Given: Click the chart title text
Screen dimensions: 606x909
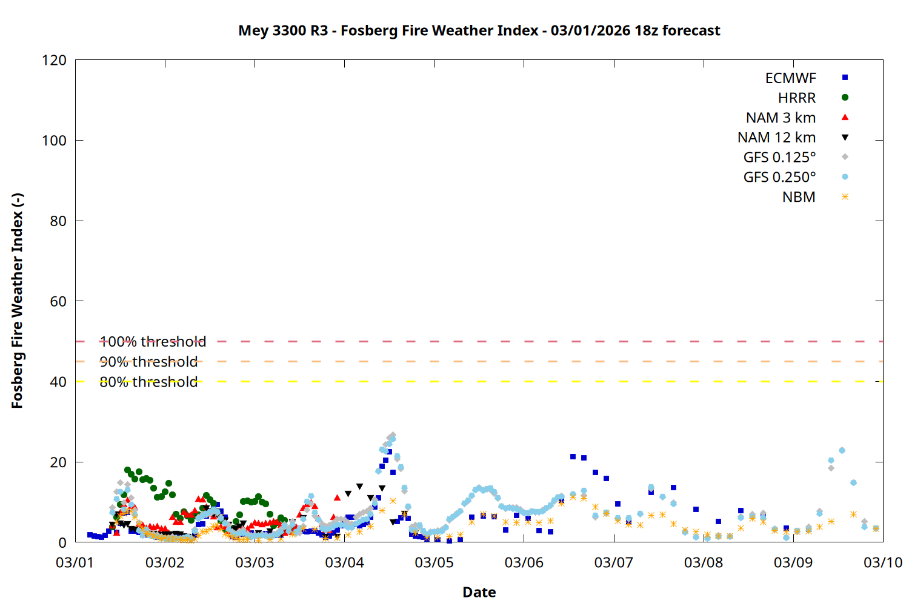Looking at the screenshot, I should click(479, 30).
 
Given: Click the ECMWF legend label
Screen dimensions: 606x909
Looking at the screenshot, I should click(790, 78).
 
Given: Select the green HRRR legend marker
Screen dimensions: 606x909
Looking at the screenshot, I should click(845, 98).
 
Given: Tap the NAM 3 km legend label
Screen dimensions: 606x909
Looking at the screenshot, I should click(781, 118).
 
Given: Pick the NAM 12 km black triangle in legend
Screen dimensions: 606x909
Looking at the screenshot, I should click(845, 138).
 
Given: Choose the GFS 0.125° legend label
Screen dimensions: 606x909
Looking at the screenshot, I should click(779, 158).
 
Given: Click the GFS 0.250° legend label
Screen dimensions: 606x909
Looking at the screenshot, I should click(779, 178).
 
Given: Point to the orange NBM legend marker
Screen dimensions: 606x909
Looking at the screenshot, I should click(845, 197).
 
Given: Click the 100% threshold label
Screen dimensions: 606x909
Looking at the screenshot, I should click(153, 342).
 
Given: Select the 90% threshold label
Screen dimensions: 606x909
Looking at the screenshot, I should click(148, 362).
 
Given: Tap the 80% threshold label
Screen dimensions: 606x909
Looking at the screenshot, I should click(148, 382).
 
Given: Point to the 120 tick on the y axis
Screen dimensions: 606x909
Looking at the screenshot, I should click(54, 60).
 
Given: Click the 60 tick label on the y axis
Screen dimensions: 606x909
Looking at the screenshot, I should click(58, 301).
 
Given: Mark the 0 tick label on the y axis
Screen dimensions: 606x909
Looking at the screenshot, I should click(62, 542).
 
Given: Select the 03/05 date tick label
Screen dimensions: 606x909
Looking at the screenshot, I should click(434, 562).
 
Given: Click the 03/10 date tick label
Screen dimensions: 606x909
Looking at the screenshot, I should click(882, 562).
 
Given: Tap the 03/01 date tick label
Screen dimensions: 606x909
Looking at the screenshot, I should click(75, 562).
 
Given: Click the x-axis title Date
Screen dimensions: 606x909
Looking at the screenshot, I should click(479, 592).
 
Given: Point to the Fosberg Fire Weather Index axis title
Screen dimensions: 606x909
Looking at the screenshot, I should click(17, 301).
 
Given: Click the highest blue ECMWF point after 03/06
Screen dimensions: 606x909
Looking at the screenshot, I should click(573, 456).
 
